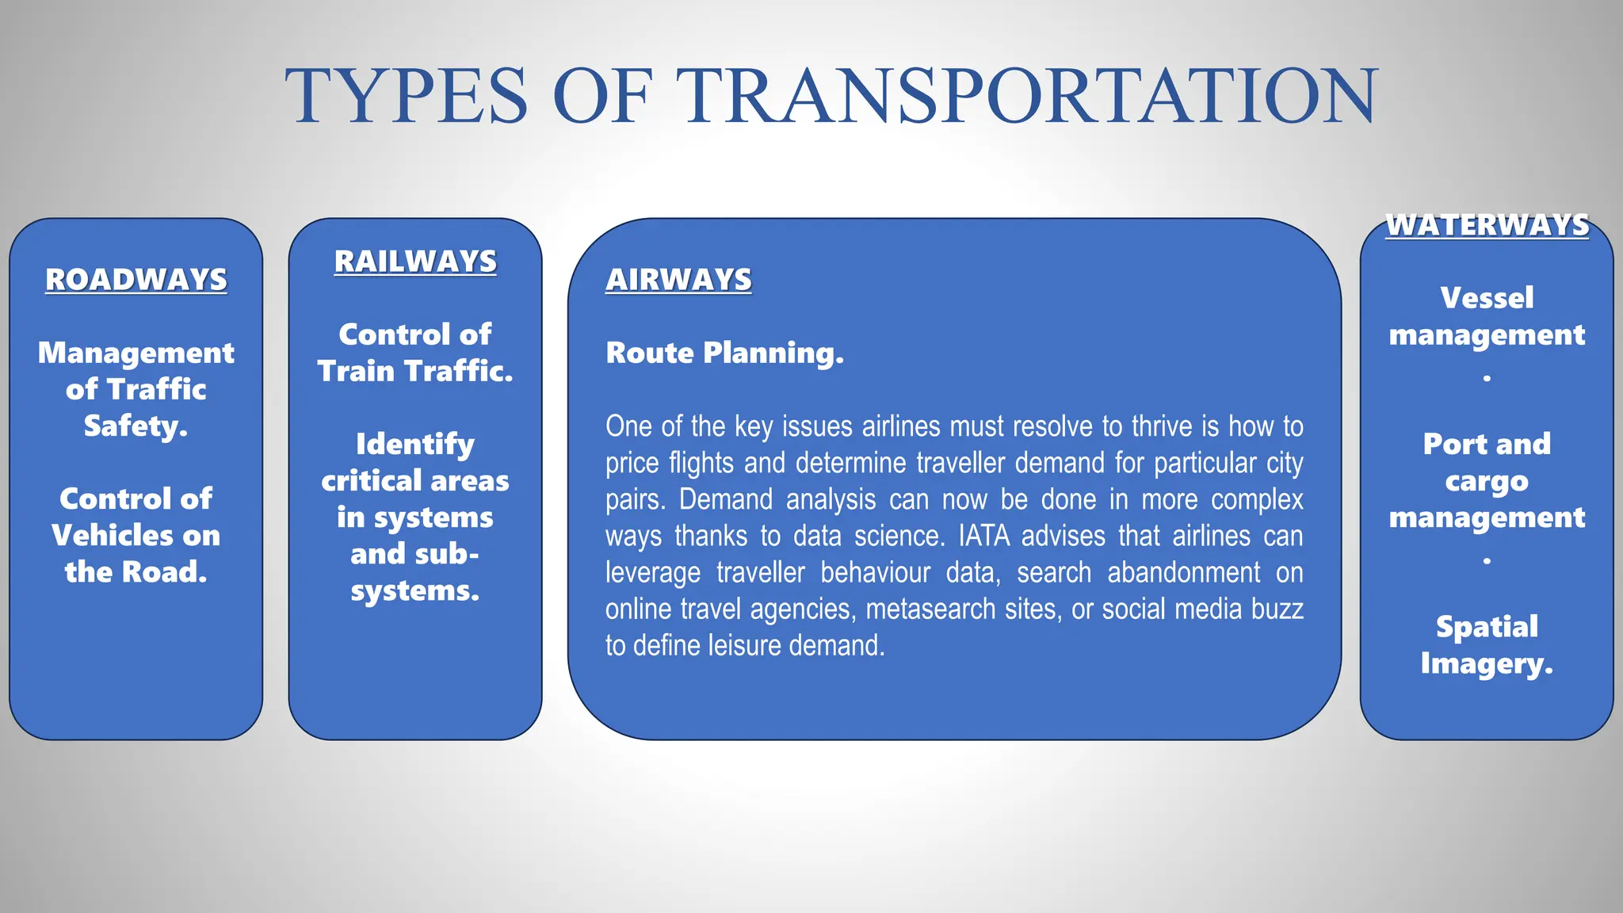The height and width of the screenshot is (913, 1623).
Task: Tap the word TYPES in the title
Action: pos(407,96)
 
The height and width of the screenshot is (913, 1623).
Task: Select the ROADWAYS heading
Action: pos(136,280)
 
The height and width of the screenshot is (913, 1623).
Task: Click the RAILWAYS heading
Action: pos(415,262)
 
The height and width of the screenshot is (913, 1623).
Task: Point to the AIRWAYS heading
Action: pos(678,280)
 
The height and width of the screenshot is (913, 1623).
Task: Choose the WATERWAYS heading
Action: pos(1487,225)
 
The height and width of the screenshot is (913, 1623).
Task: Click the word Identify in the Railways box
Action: pos(415,445)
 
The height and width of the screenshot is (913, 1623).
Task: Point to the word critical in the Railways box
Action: pos(371,481)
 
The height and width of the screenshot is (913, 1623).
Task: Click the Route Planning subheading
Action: pos(724,353)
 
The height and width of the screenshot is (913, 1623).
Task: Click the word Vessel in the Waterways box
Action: pos(1487,298)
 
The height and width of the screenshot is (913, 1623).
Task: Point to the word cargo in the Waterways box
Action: pos(1487,481)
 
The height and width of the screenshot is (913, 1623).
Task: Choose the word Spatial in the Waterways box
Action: pos(1487,627)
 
